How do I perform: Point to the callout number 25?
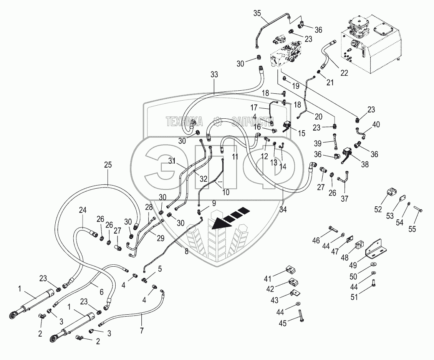pyautogui.click(x=108, y=166)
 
